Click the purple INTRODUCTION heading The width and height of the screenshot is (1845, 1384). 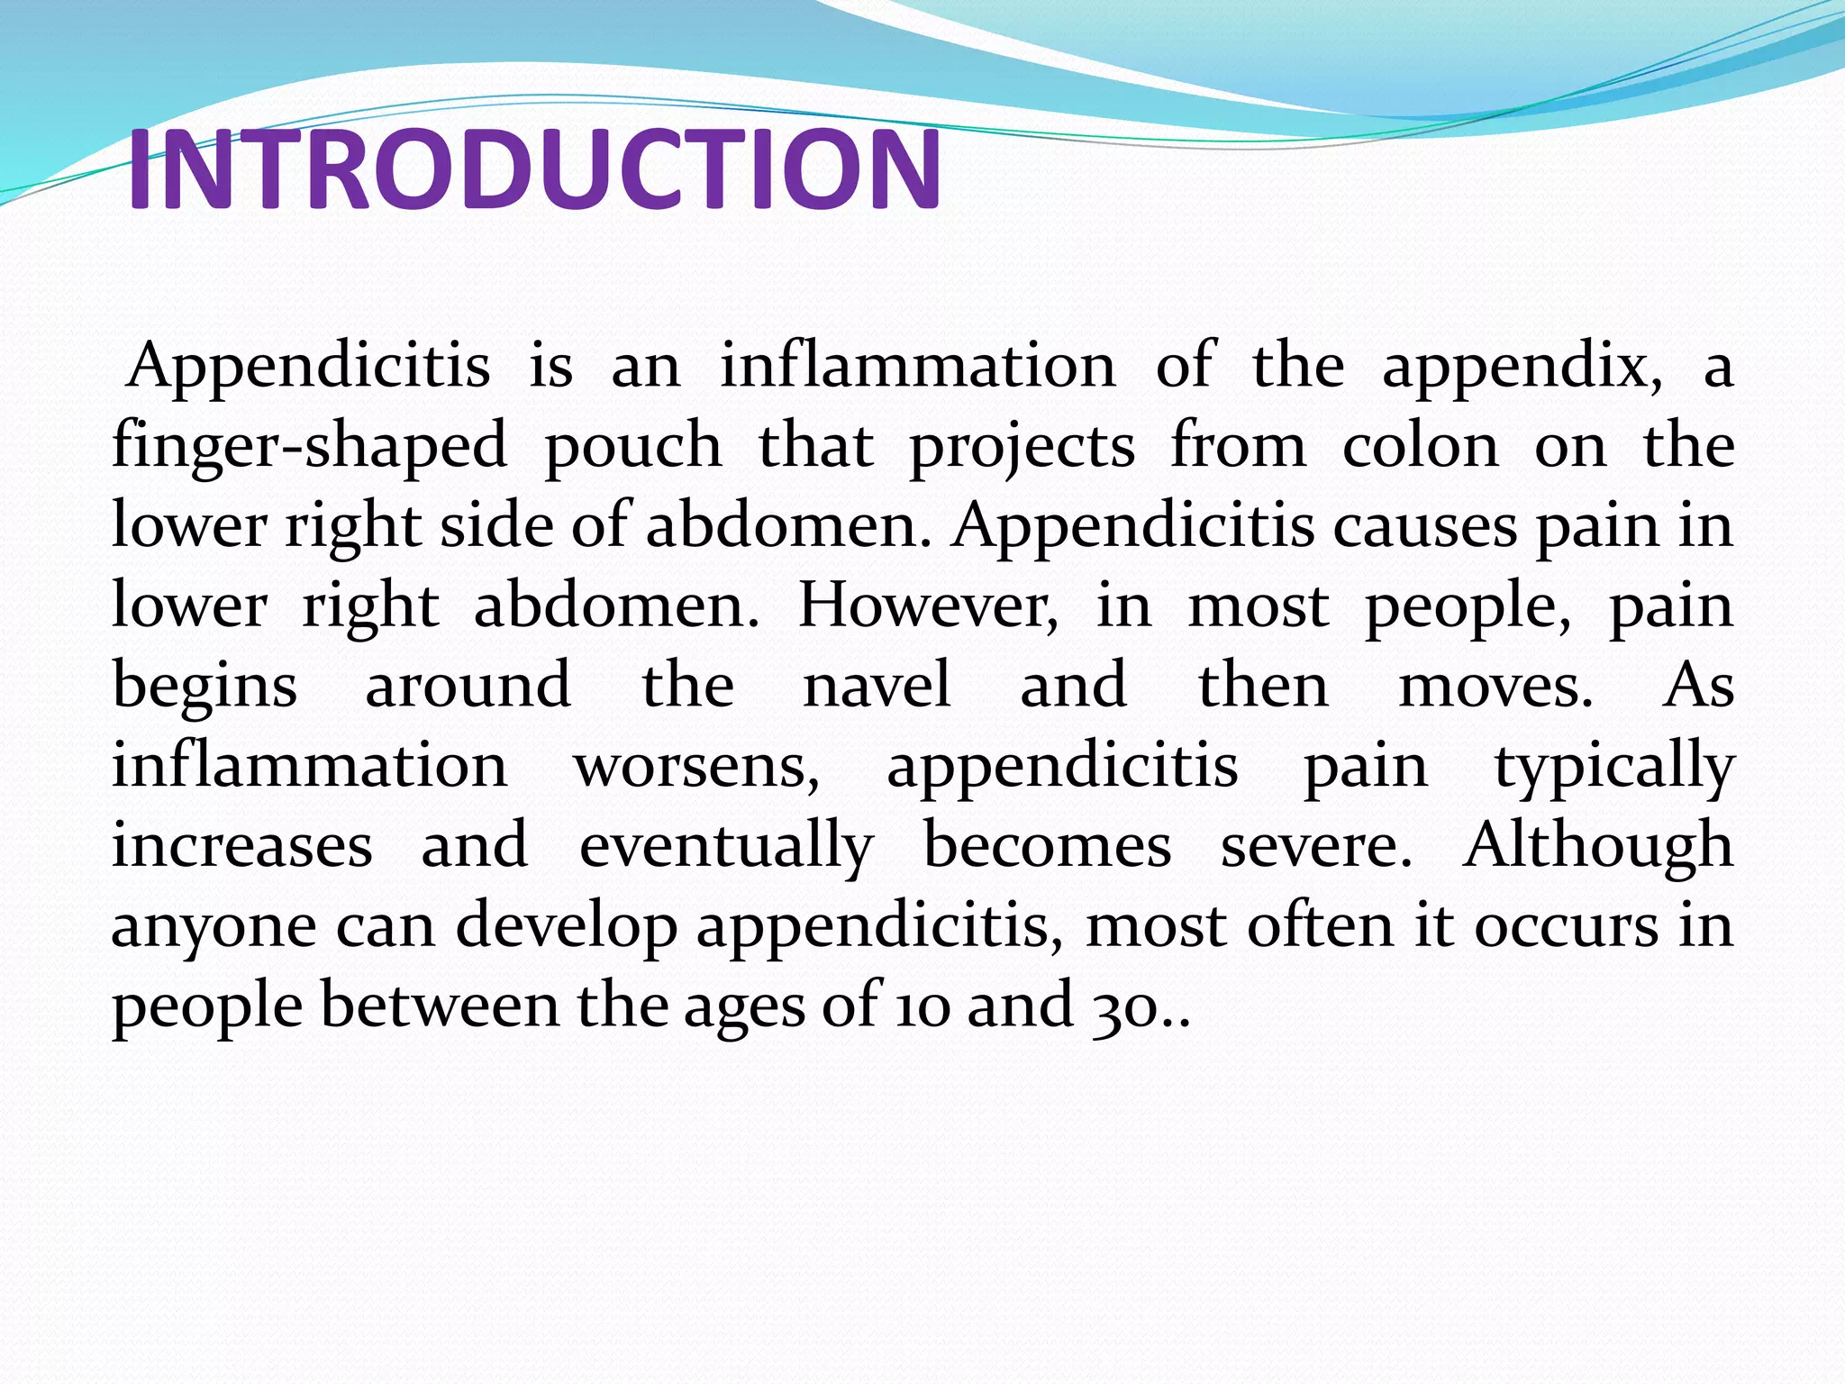pyautogui.click(x=533, y=169)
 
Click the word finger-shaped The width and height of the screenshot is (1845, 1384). pyautogui.click(x=309, y=447)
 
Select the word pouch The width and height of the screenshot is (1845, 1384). pyautogui.click(x=632, y=447)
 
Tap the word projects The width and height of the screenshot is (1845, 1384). pyautogui.click(x=1021, y=447)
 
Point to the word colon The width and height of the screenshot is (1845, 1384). pyautogui.click(x=1420, y=447)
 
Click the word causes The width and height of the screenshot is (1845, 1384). pyautogui.click(x=1424, y=526)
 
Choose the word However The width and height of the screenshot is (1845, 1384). pyautogui.click(x=928, y=605)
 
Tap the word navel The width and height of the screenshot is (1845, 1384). pyautogui.click(x=877, y=685)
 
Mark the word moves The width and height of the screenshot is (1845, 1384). pyautogui.click(x=1495, y=685)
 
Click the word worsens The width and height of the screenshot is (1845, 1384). pyautogui.click(x=696, y=766)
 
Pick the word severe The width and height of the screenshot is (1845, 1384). pyautogui.click(x=1316, y=845)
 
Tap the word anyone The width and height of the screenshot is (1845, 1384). pyautogui.click(x=214, y=926)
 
